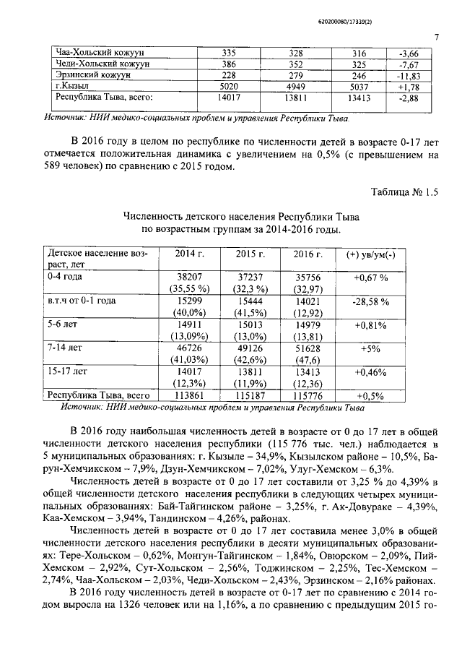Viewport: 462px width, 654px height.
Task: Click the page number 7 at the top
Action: click(x=437, y=38)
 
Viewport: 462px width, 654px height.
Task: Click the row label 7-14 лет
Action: click(x=63, y=348)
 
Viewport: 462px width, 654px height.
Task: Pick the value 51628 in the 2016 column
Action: click(x=308, y=348)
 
